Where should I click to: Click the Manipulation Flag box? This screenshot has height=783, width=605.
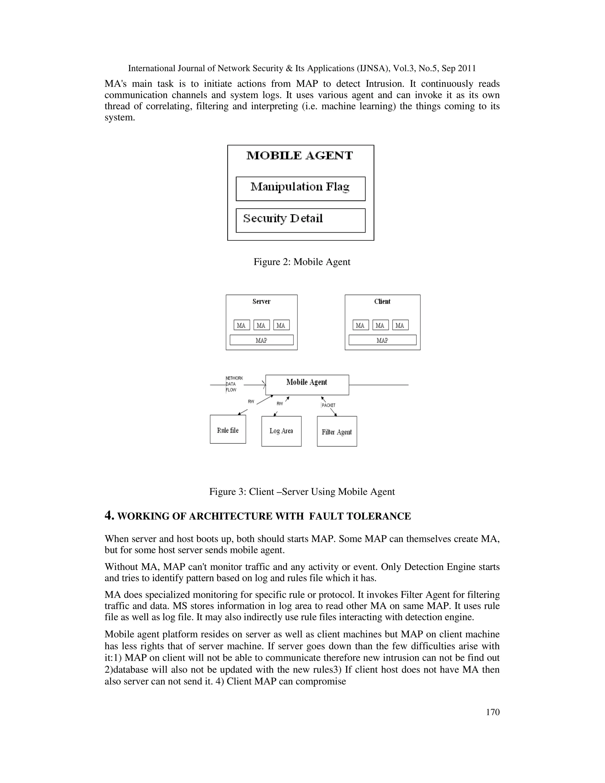(300, 189)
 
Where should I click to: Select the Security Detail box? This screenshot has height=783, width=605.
(300, 220)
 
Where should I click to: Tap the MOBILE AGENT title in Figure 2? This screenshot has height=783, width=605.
(300, 156)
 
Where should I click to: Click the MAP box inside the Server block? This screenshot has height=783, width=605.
(261, 340)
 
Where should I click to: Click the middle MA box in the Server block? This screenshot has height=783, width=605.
(261, 325)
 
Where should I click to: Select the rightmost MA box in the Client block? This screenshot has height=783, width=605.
(400, 325)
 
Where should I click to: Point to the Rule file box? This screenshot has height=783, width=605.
(227, 430)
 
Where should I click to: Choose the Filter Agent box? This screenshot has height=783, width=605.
(336, 431)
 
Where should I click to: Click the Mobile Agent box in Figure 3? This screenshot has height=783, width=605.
(307, 384)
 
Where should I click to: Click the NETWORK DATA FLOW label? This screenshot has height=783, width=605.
(234, 384)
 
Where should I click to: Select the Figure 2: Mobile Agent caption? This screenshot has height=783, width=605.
(302, 262)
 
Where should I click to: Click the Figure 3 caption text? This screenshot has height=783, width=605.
(302, 492)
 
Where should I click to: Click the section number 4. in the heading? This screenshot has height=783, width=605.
(109, 516)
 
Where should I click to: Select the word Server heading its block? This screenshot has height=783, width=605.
(261, 301)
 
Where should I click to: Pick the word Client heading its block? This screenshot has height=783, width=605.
(382, 301)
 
